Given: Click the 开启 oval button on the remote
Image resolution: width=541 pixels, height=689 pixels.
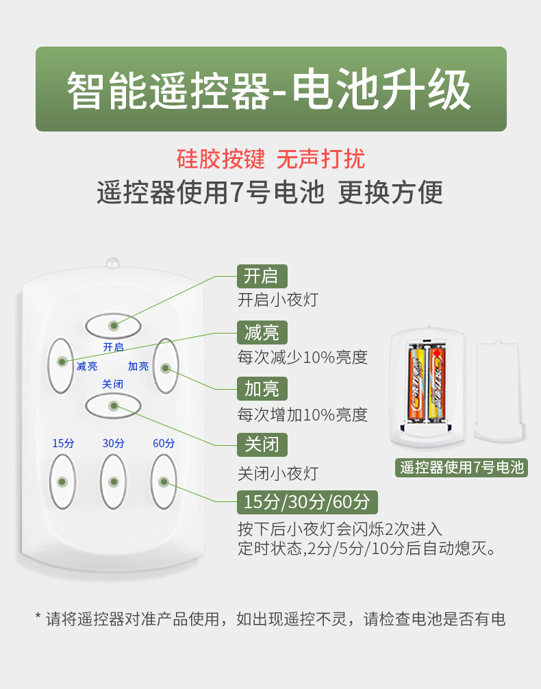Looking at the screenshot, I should tap(113, 325).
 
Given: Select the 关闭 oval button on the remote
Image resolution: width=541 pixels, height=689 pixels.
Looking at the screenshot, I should tap(113, 405).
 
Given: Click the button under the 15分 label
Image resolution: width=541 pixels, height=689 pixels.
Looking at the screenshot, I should tap(62, 481).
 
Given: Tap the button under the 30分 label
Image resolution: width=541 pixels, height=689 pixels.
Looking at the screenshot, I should tap(113, 481).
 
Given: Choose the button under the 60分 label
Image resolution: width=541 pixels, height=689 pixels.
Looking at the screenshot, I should tap(164, 481).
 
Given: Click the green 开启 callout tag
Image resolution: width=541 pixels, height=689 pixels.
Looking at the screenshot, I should tap(262, 276).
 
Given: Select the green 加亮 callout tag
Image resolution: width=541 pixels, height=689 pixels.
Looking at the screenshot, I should tap(262, 389).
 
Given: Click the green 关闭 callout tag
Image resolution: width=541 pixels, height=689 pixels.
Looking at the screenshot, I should tap(262, 445).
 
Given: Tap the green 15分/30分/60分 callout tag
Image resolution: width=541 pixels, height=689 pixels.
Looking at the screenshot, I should tap(307, 502).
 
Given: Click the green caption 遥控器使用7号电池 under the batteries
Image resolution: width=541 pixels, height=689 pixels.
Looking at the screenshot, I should tap(462, 468).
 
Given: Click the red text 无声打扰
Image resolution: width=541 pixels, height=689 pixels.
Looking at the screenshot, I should tap(320, 159).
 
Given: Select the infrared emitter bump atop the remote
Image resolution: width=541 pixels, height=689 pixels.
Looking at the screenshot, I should tap(113, 263).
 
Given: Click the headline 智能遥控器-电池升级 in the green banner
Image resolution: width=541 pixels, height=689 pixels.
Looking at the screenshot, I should tap(270, 90).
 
